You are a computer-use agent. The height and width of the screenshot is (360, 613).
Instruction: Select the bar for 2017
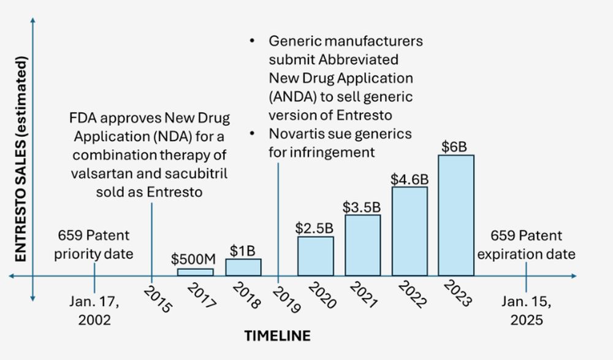(x=196, y=272)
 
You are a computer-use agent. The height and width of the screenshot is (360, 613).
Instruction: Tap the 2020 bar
(x=316, y=256)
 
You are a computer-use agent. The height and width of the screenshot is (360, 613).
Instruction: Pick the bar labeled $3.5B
(x=362, y=245)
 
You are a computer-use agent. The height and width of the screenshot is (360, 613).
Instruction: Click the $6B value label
(x=455, y=147)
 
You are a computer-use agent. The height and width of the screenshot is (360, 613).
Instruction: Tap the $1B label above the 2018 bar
(x=243, y=250)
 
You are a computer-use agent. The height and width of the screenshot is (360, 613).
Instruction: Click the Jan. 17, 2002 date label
(x=94, y=311)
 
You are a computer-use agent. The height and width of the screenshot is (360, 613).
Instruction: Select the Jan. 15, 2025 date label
(x=527, y=311)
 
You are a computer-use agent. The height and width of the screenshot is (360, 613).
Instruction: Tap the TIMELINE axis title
(x=277, y=335)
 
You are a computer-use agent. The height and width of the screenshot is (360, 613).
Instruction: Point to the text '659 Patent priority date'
(x=94, y=245)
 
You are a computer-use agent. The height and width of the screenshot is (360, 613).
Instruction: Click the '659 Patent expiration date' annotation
(x=527, y=245)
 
